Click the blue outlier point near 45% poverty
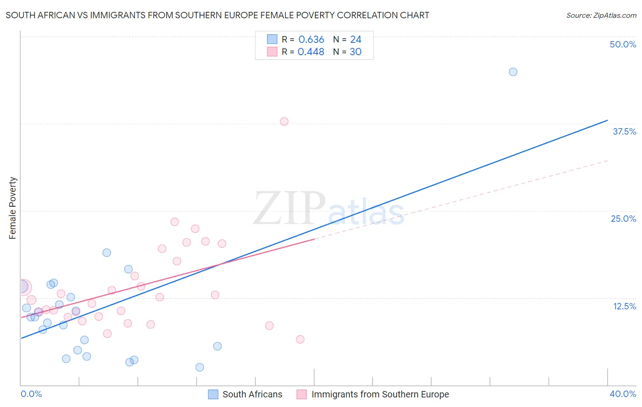513,72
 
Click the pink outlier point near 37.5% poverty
284,121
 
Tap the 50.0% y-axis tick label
623,44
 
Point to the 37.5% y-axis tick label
624,131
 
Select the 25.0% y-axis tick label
623,219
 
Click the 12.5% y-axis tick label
624,306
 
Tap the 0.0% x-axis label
31,394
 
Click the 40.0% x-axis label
622,394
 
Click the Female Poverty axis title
13,208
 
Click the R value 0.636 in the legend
311,40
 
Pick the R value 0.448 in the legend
311,52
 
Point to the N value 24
356,40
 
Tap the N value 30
356,52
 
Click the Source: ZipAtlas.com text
601,16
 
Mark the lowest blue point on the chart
200,367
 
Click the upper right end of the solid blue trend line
607,120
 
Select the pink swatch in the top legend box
272,52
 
